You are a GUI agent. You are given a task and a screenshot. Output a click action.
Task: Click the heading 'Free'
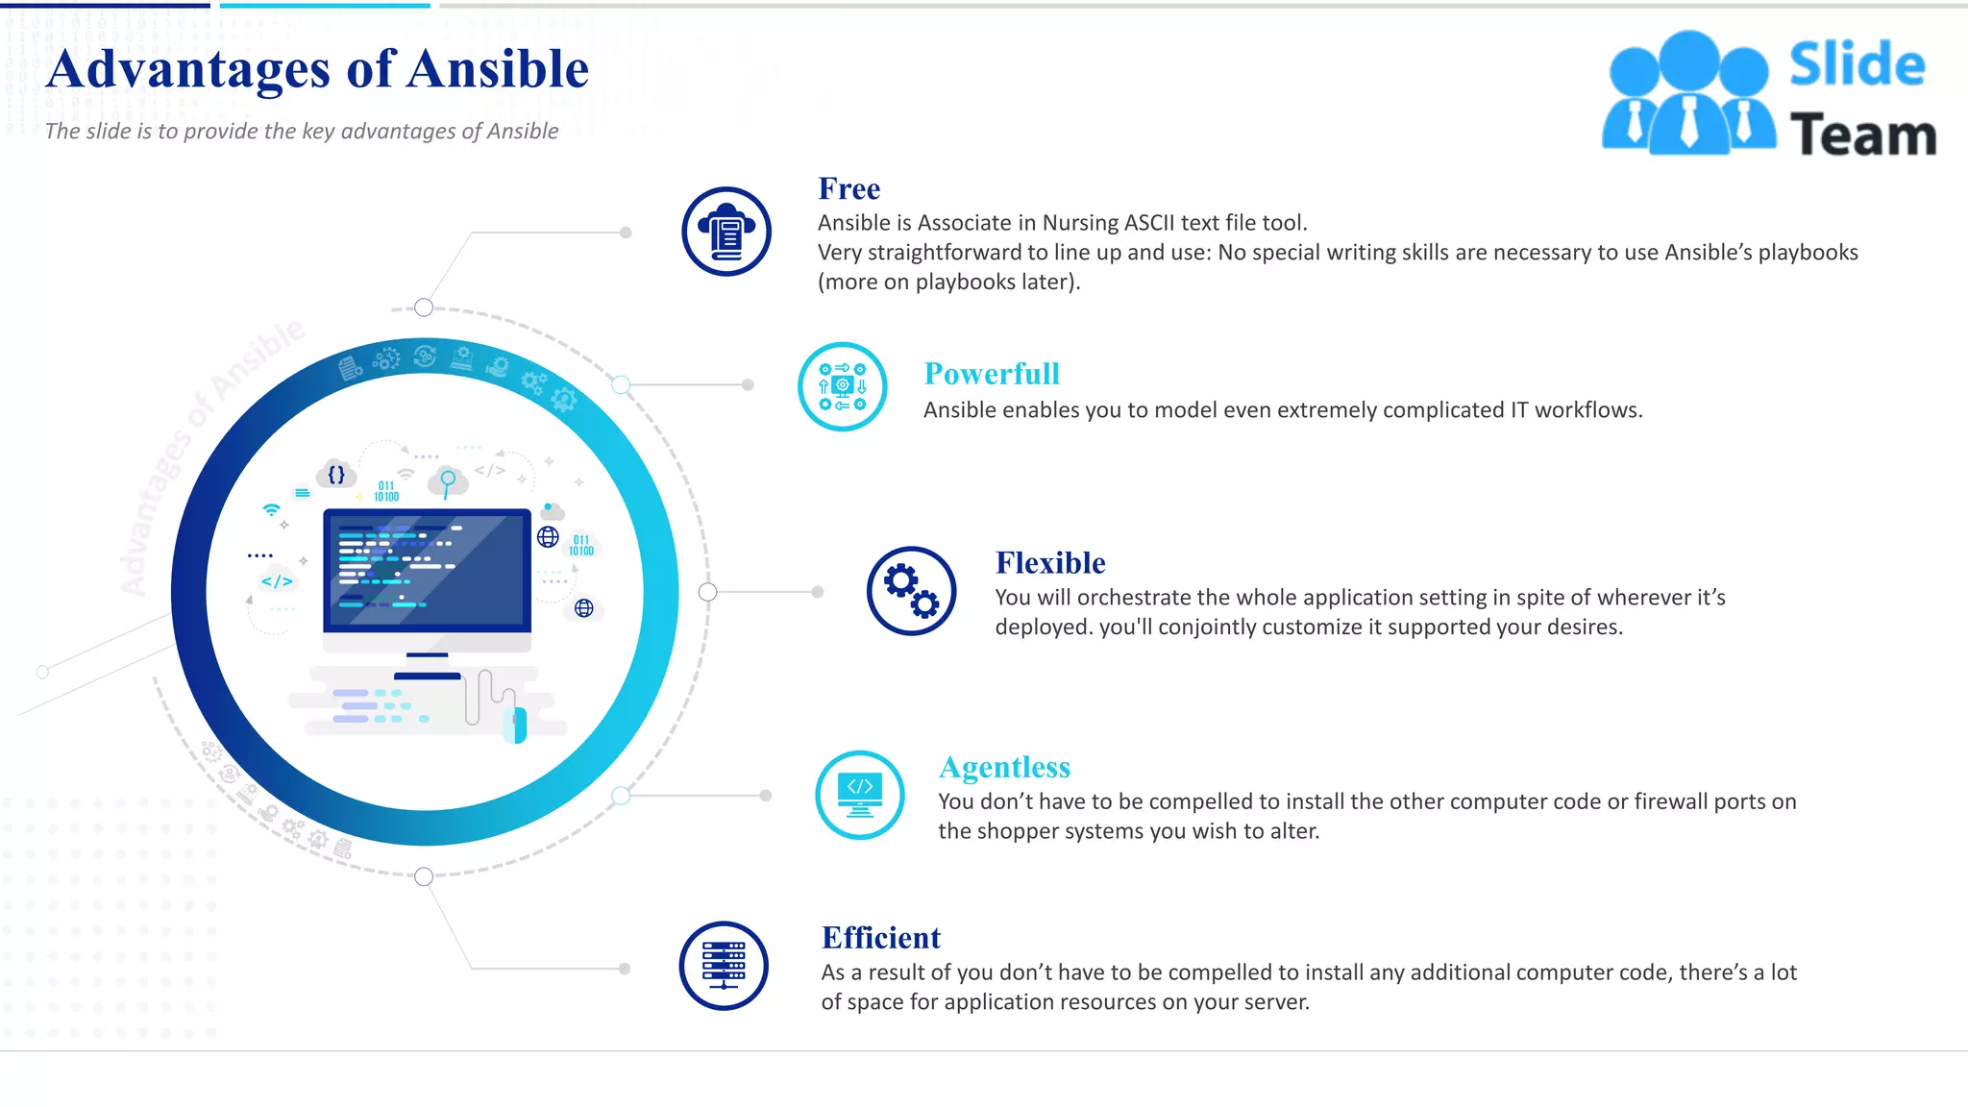[x=849, y=189]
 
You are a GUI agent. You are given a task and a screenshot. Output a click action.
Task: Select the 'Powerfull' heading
[x=991, y=374]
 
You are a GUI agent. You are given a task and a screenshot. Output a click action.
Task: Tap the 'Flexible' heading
[x=1049, y=563]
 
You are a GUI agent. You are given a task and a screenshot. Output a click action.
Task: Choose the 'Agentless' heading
[x=1003, y=768]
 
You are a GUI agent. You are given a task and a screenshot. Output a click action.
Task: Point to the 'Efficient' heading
[x=880, y=938]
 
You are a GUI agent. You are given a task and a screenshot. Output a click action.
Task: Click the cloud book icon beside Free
[x=726, y=232]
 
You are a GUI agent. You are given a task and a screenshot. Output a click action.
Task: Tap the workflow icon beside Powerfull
[x=842, y=386]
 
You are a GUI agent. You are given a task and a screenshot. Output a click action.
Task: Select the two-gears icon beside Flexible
[x=911, y=591]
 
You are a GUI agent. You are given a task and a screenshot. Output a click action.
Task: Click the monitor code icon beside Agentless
[x=859, y=795]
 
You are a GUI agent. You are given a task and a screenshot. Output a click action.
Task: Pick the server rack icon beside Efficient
[x=724, y=966]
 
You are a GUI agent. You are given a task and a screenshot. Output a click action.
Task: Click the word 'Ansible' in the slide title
[x=497, y=70]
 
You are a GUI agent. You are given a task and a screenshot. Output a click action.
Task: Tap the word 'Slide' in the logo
[x=1857, y=65]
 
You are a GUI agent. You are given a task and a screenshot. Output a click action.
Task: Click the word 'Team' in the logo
[x=1862, y=135]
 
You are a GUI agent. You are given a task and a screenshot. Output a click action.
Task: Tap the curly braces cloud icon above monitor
[x=336, y=474]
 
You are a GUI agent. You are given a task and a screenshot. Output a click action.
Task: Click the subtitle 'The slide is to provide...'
[x=301, y=132]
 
